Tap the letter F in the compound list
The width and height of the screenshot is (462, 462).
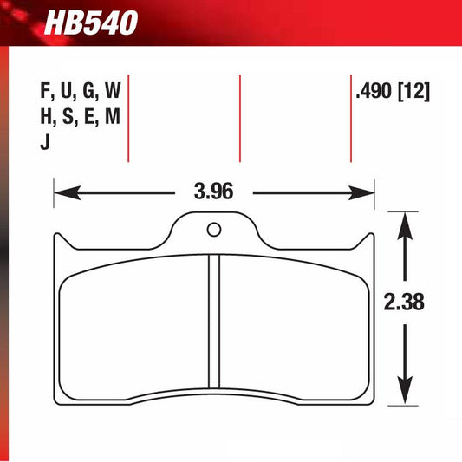46,90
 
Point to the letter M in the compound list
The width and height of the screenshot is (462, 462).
111,118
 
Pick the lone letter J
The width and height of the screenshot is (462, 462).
45,145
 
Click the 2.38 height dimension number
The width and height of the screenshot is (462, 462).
403,305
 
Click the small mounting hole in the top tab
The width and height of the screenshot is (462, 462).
213,231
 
